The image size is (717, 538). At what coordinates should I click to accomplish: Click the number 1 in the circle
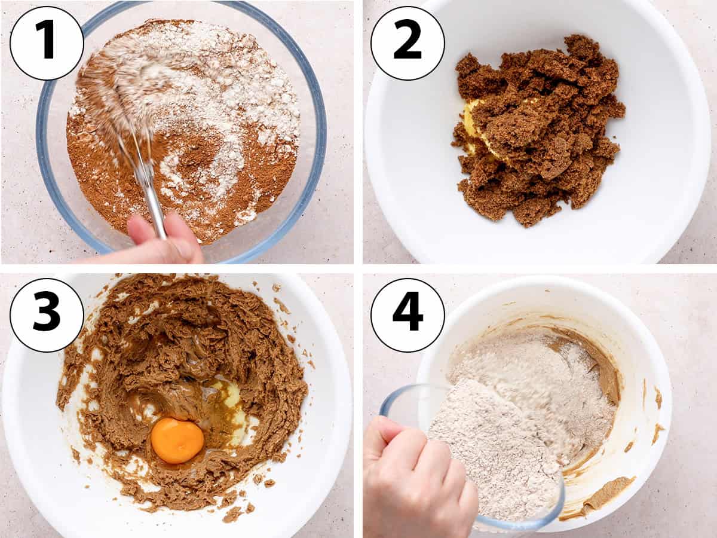(47, 40)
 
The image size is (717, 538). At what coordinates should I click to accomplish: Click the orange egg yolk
(177, 441)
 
